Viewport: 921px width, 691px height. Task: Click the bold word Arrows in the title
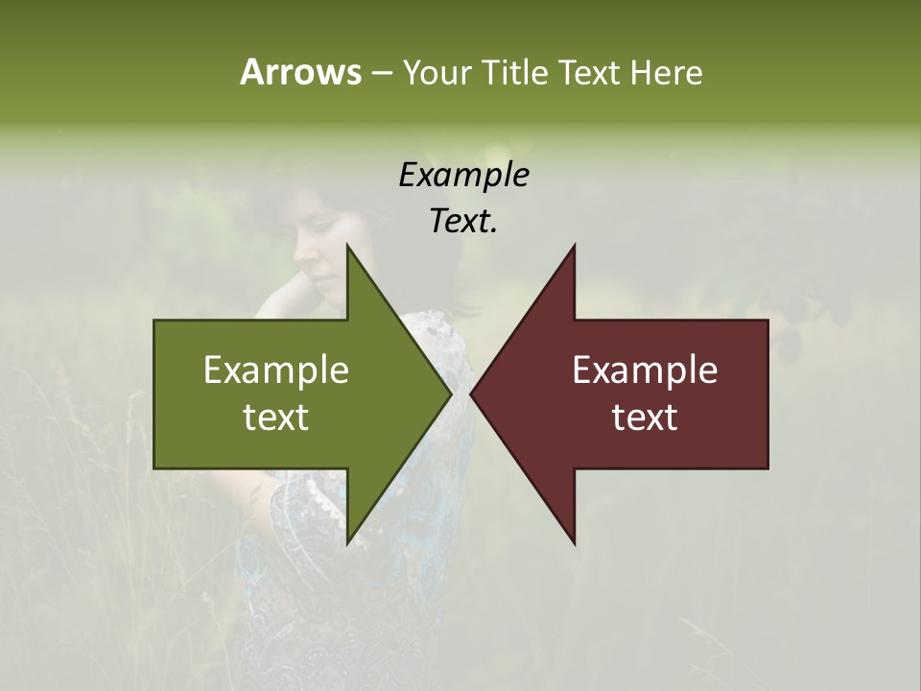click(300, 72)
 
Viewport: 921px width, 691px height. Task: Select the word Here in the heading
click(666, 72)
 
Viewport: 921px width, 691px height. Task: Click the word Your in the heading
click(437, 72)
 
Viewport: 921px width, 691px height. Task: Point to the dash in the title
click(381, 73)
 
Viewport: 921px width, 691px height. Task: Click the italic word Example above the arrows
click(463, 175)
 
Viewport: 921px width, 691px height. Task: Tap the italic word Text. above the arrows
click(463, 222)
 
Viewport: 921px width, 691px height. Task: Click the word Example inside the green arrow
click(276, 370)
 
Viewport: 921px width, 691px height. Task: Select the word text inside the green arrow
click(276, 417)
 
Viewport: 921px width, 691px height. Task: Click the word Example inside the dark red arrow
click(645, 370)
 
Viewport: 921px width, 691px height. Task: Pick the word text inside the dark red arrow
click(645, 417)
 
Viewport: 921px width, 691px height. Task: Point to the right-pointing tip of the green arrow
click(451, 393)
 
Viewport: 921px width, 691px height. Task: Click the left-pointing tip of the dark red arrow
click(471, 393)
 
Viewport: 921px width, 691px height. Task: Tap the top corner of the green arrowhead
click(347, 246)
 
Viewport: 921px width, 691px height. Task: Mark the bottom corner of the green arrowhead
click(347, 543)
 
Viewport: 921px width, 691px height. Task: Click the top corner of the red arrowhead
click(575, 246)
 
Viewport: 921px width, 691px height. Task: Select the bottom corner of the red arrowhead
click(575, 543)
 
